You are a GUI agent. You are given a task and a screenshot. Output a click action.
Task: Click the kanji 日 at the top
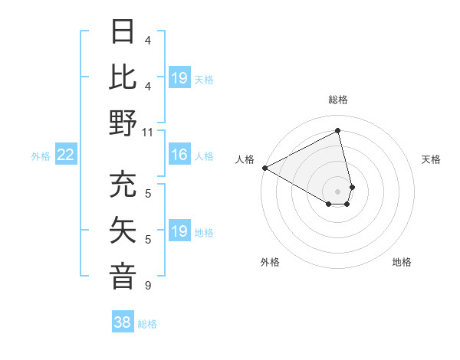123,33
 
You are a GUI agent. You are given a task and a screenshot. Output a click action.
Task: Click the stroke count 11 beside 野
148,132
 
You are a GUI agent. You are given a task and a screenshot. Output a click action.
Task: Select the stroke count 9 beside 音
148,286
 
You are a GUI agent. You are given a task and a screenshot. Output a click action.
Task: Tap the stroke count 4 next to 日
148,40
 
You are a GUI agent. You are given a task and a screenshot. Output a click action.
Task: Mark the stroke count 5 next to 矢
148,240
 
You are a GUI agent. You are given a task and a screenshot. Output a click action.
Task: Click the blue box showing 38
123,322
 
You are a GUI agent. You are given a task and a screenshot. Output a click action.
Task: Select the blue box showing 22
66,155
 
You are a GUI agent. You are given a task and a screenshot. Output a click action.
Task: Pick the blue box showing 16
179,155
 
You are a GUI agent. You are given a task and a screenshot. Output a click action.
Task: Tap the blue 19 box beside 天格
179,77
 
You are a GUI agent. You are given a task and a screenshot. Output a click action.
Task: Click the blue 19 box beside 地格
179,231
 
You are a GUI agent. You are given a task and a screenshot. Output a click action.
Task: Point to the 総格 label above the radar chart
337,100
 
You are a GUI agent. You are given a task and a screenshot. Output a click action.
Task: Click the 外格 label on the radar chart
270,262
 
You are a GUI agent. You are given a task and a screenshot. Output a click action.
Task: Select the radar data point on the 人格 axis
264,168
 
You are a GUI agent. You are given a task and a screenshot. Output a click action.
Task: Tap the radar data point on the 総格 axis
337,131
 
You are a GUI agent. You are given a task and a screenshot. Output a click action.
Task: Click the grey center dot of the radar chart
337,190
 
